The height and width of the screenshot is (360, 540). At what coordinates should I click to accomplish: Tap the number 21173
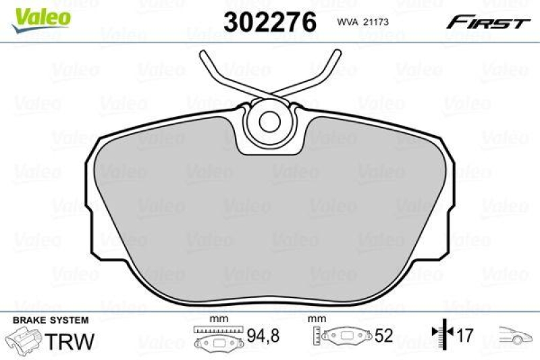pyautogui.click(x=377, y=22)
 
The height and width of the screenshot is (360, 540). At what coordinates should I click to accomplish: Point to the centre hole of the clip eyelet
pyautogui.click(x=270, y=121)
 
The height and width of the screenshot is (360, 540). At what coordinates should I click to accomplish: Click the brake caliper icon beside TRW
pyautogui.click(x=24, y=338)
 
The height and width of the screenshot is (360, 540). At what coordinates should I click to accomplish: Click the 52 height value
pyautogui.click(x=383, y=336)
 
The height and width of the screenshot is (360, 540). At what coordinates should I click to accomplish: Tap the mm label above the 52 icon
pyautogui.click(x=314, y=317)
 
